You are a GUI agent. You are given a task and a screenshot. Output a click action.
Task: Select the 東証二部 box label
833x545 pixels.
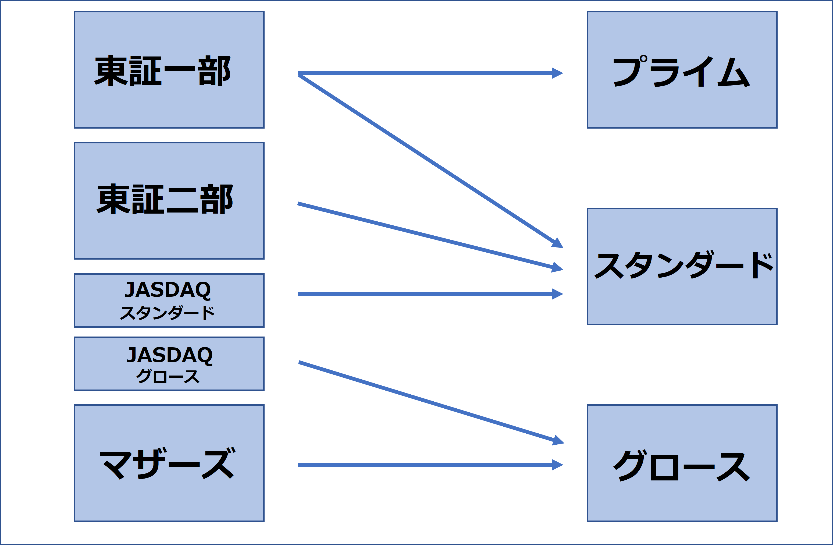click(165, 199)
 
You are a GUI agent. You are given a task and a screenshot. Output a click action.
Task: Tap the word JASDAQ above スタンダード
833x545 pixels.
click(168, 289)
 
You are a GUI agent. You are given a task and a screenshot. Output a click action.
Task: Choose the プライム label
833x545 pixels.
click(681, 72)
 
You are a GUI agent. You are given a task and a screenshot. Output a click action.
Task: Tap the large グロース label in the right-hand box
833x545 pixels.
click(681, 466)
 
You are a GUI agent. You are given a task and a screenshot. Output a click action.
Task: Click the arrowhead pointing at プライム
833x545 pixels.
click(557, 73)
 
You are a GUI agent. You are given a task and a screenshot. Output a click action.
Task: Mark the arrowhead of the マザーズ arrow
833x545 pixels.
click(557, 465)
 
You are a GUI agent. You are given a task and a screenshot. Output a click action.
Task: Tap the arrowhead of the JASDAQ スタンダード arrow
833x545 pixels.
click(557, 294)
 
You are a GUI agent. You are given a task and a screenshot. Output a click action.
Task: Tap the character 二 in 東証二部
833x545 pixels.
click(182, 200)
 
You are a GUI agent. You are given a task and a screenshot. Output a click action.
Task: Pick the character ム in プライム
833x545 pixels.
click(733, 73)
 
